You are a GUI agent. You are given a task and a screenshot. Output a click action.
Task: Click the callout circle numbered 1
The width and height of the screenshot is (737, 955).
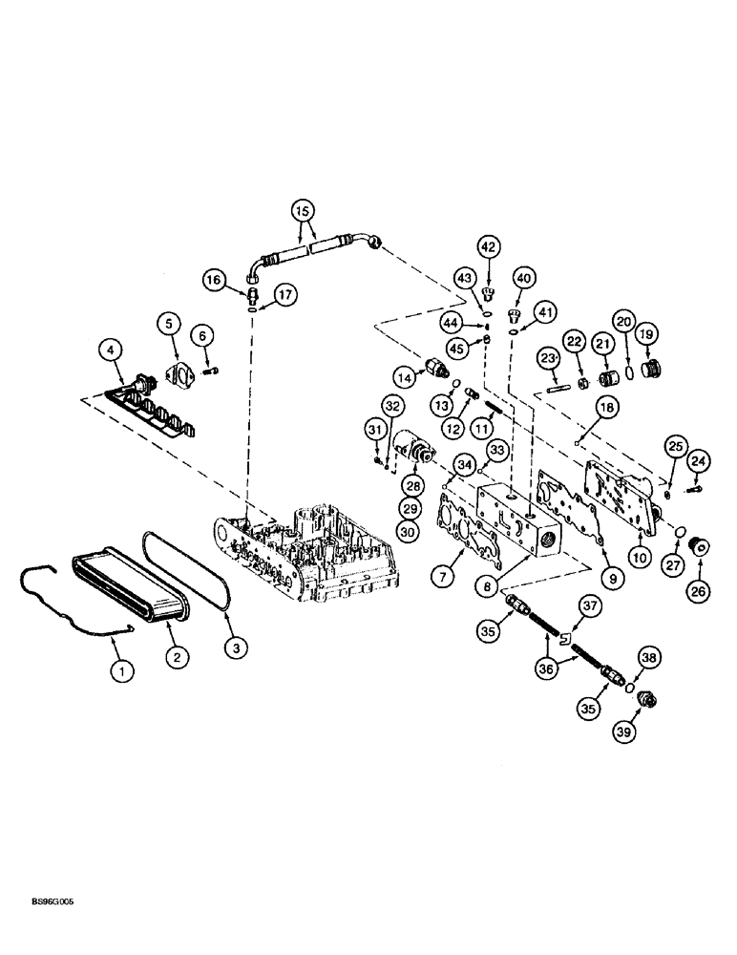tap(121, 671)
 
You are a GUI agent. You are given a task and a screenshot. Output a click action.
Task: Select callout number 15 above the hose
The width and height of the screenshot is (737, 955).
tap(303, 209)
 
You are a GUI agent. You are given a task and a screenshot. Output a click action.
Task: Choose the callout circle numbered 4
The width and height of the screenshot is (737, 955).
tap(113, 351)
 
